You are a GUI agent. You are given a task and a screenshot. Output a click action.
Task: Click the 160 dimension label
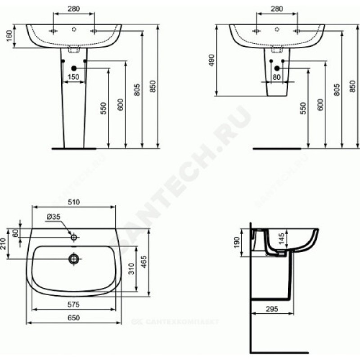(x=9, y=36)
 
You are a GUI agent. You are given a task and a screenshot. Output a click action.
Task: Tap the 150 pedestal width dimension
(x=73, y=77)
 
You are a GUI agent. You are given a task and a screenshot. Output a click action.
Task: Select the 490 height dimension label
(x=211, y=60)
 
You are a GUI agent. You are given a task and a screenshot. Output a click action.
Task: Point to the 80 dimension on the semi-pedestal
(x=276, y=77)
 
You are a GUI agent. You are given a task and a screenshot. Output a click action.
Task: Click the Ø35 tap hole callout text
(x=53, y=216)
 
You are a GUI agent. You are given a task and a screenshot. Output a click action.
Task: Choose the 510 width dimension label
(x=74, y=202)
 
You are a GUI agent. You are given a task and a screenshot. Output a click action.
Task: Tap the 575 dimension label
(x=73, y=305)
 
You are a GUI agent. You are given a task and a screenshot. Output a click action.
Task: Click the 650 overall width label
(x=74, y=318)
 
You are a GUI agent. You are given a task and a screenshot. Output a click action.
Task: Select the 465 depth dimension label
(x=144, y=262)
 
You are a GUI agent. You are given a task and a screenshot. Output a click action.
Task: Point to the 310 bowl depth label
(x=131, y=269)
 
